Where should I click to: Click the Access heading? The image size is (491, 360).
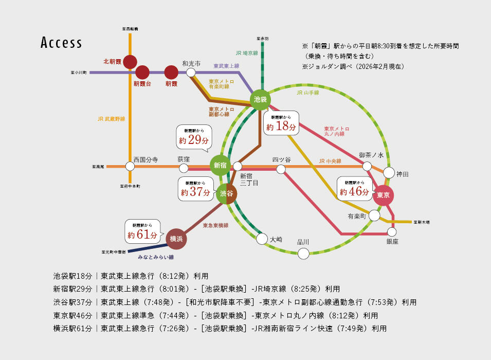point(61,43)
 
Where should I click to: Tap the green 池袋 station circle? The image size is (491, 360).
point(261,99)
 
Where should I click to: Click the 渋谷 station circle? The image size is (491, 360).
point(226,193)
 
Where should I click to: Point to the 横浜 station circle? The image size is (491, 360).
point(176,238)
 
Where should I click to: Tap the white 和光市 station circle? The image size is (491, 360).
point(191,73)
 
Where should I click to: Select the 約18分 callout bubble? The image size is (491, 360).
point(281,123)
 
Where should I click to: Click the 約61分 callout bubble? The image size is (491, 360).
point(142,232)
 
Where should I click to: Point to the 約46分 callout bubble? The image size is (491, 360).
point(354,189)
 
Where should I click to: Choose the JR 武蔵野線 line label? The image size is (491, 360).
point(111,119)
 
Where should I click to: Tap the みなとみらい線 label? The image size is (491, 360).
point(155,257)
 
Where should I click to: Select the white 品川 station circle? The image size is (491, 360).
point(303,253)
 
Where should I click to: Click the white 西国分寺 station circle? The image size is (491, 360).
point(130,166)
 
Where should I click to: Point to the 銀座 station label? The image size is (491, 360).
point(392,241)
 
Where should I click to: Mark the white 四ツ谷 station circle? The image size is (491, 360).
point(281,169)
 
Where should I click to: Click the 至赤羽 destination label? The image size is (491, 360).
point(262,38)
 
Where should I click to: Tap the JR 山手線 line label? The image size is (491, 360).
point(308,93)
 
